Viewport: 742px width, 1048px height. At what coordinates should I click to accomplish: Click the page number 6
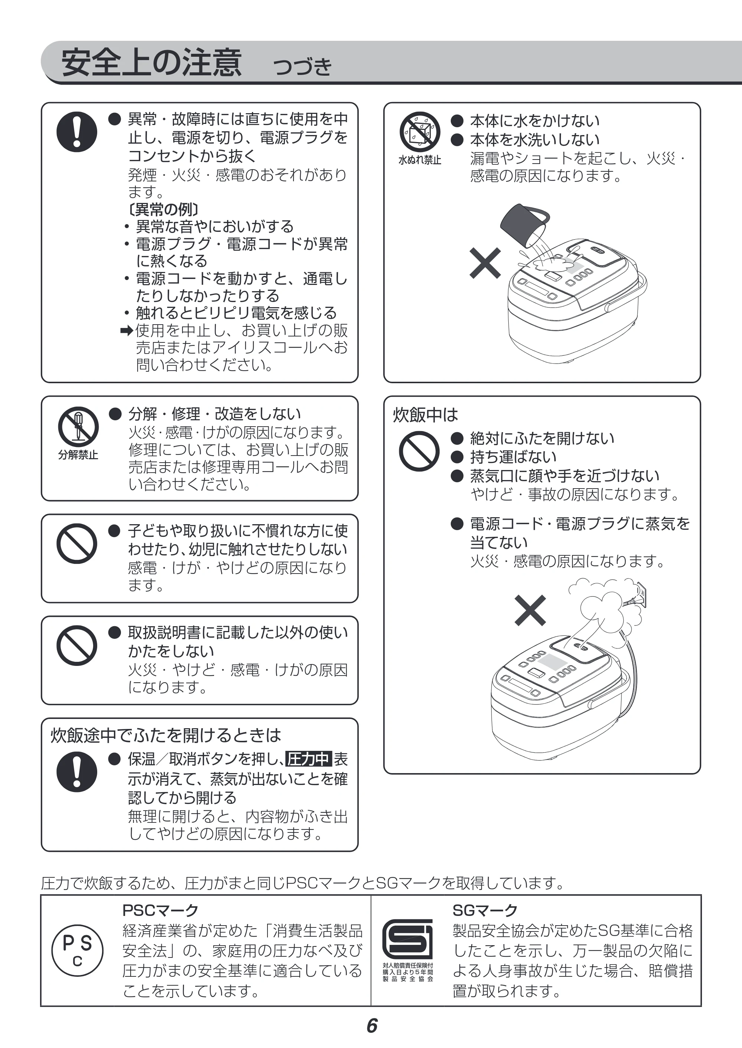tap(372, 1026)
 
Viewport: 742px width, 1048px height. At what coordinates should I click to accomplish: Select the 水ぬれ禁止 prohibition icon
tap(420, 132)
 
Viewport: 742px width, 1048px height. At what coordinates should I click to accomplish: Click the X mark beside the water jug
tap(485, 263)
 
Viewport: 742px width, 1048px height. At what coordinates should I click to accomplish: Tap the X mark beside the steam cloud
tap(530, 610)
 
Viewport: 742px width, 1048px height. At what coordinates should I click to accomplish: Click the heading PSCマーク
tap(160, 910)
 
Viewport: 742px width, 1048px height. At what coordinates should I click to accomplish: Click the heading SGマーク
tap(485, 910)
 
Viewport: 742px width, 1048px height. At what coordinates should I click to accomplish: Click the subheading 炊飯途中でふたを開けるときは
tap(165, 735)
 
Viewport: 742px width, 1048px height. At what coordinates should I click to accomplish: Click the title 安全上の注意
tap(151, 63)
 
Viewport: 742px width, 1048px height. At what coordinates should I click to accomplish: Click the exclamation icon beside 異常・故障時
tap(77, 132)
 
